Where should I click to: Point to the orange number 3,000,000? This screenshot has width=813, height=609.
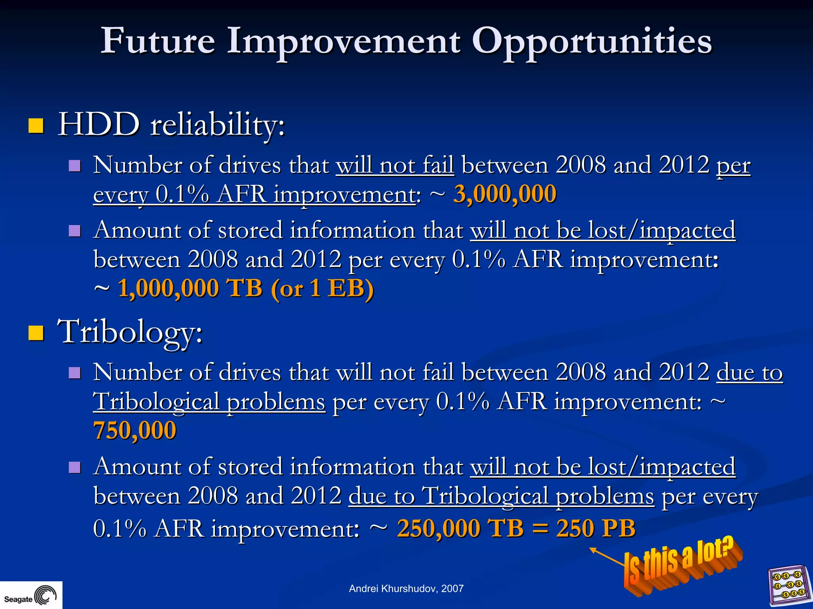click(505, 195)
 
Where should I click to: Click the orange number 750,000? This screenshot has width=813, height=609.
click(135, 430)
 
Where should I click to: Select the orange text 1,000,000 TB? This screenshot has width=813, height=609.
click(190, 288)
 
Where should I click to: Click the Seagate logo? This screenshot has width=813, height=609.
click(31, 596)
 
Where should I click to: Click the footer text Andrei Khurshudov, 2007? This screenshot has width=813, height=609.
click(406, 589)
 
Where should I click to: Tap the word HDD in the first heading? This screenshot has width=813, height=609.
click(99, 125)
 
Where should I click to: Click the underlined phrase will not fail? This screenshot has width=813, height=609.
click(395, 165)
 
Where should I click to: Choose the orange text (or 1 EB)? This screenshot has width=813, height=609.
click(322, 288)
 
